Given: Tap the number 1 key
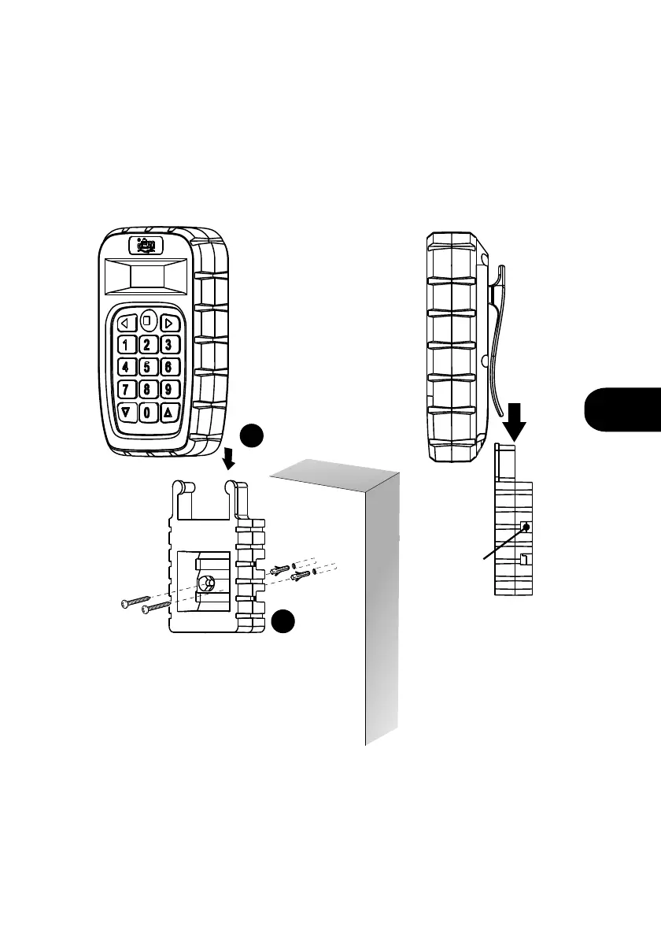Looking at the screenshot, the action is tap(126, 344).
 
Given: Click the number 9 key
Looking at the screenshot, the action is tap(168, 389).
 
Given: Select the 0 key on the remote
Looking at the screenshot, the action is tap(147, 412).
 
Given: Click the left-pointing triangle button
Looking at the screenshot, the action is tap(125, 322).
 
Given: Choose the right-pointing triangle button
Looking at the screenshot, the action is tap(168, 322).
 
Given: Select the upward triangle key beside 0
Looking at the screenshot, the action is tap(168, 412).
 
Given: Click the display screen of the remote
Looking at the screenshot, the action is tap(147, 277).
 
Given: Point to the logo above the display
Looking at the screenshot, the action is tap(147, 245).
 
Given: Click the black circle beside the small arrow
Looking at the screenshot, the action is tap(251, 436).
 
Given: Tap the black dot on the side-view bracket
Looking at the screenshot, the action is tap(526, 528).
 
